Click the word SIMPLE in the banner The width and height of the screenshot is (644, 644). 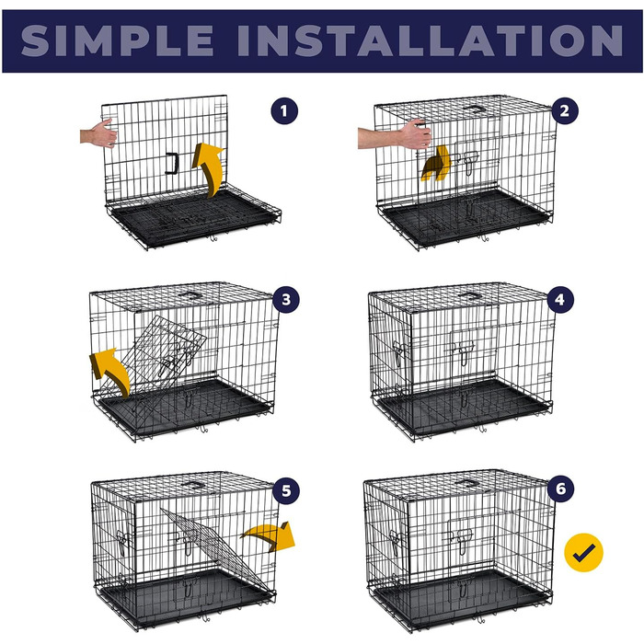117,40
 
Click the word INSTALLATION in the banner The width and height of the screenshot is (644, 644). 430,40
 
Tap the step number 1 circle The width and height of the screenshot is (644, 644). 284,111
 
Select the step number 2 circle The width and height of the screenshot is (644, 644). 565,111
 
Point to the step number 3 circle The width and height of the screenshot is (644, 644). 286,299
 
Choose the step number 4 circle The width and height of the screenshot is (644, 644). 560,299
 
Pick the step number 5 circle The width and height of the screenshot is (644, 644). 286,490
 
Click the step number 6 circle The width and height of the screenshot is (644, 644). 560,489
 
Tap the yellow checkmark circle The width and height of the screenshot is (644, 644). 583,552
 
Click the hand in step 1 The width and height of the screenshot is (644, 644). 98,133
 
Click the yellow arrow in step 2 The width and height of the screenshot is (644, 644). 436,164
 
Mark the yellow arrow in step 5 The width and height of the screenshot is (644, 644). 271,535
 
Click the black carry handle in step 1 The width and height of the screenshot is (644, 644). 172,163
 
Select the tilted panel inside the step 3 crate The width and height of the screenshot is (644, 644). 154,357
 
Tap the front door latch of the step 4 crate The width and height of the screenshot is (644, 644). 464,351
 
